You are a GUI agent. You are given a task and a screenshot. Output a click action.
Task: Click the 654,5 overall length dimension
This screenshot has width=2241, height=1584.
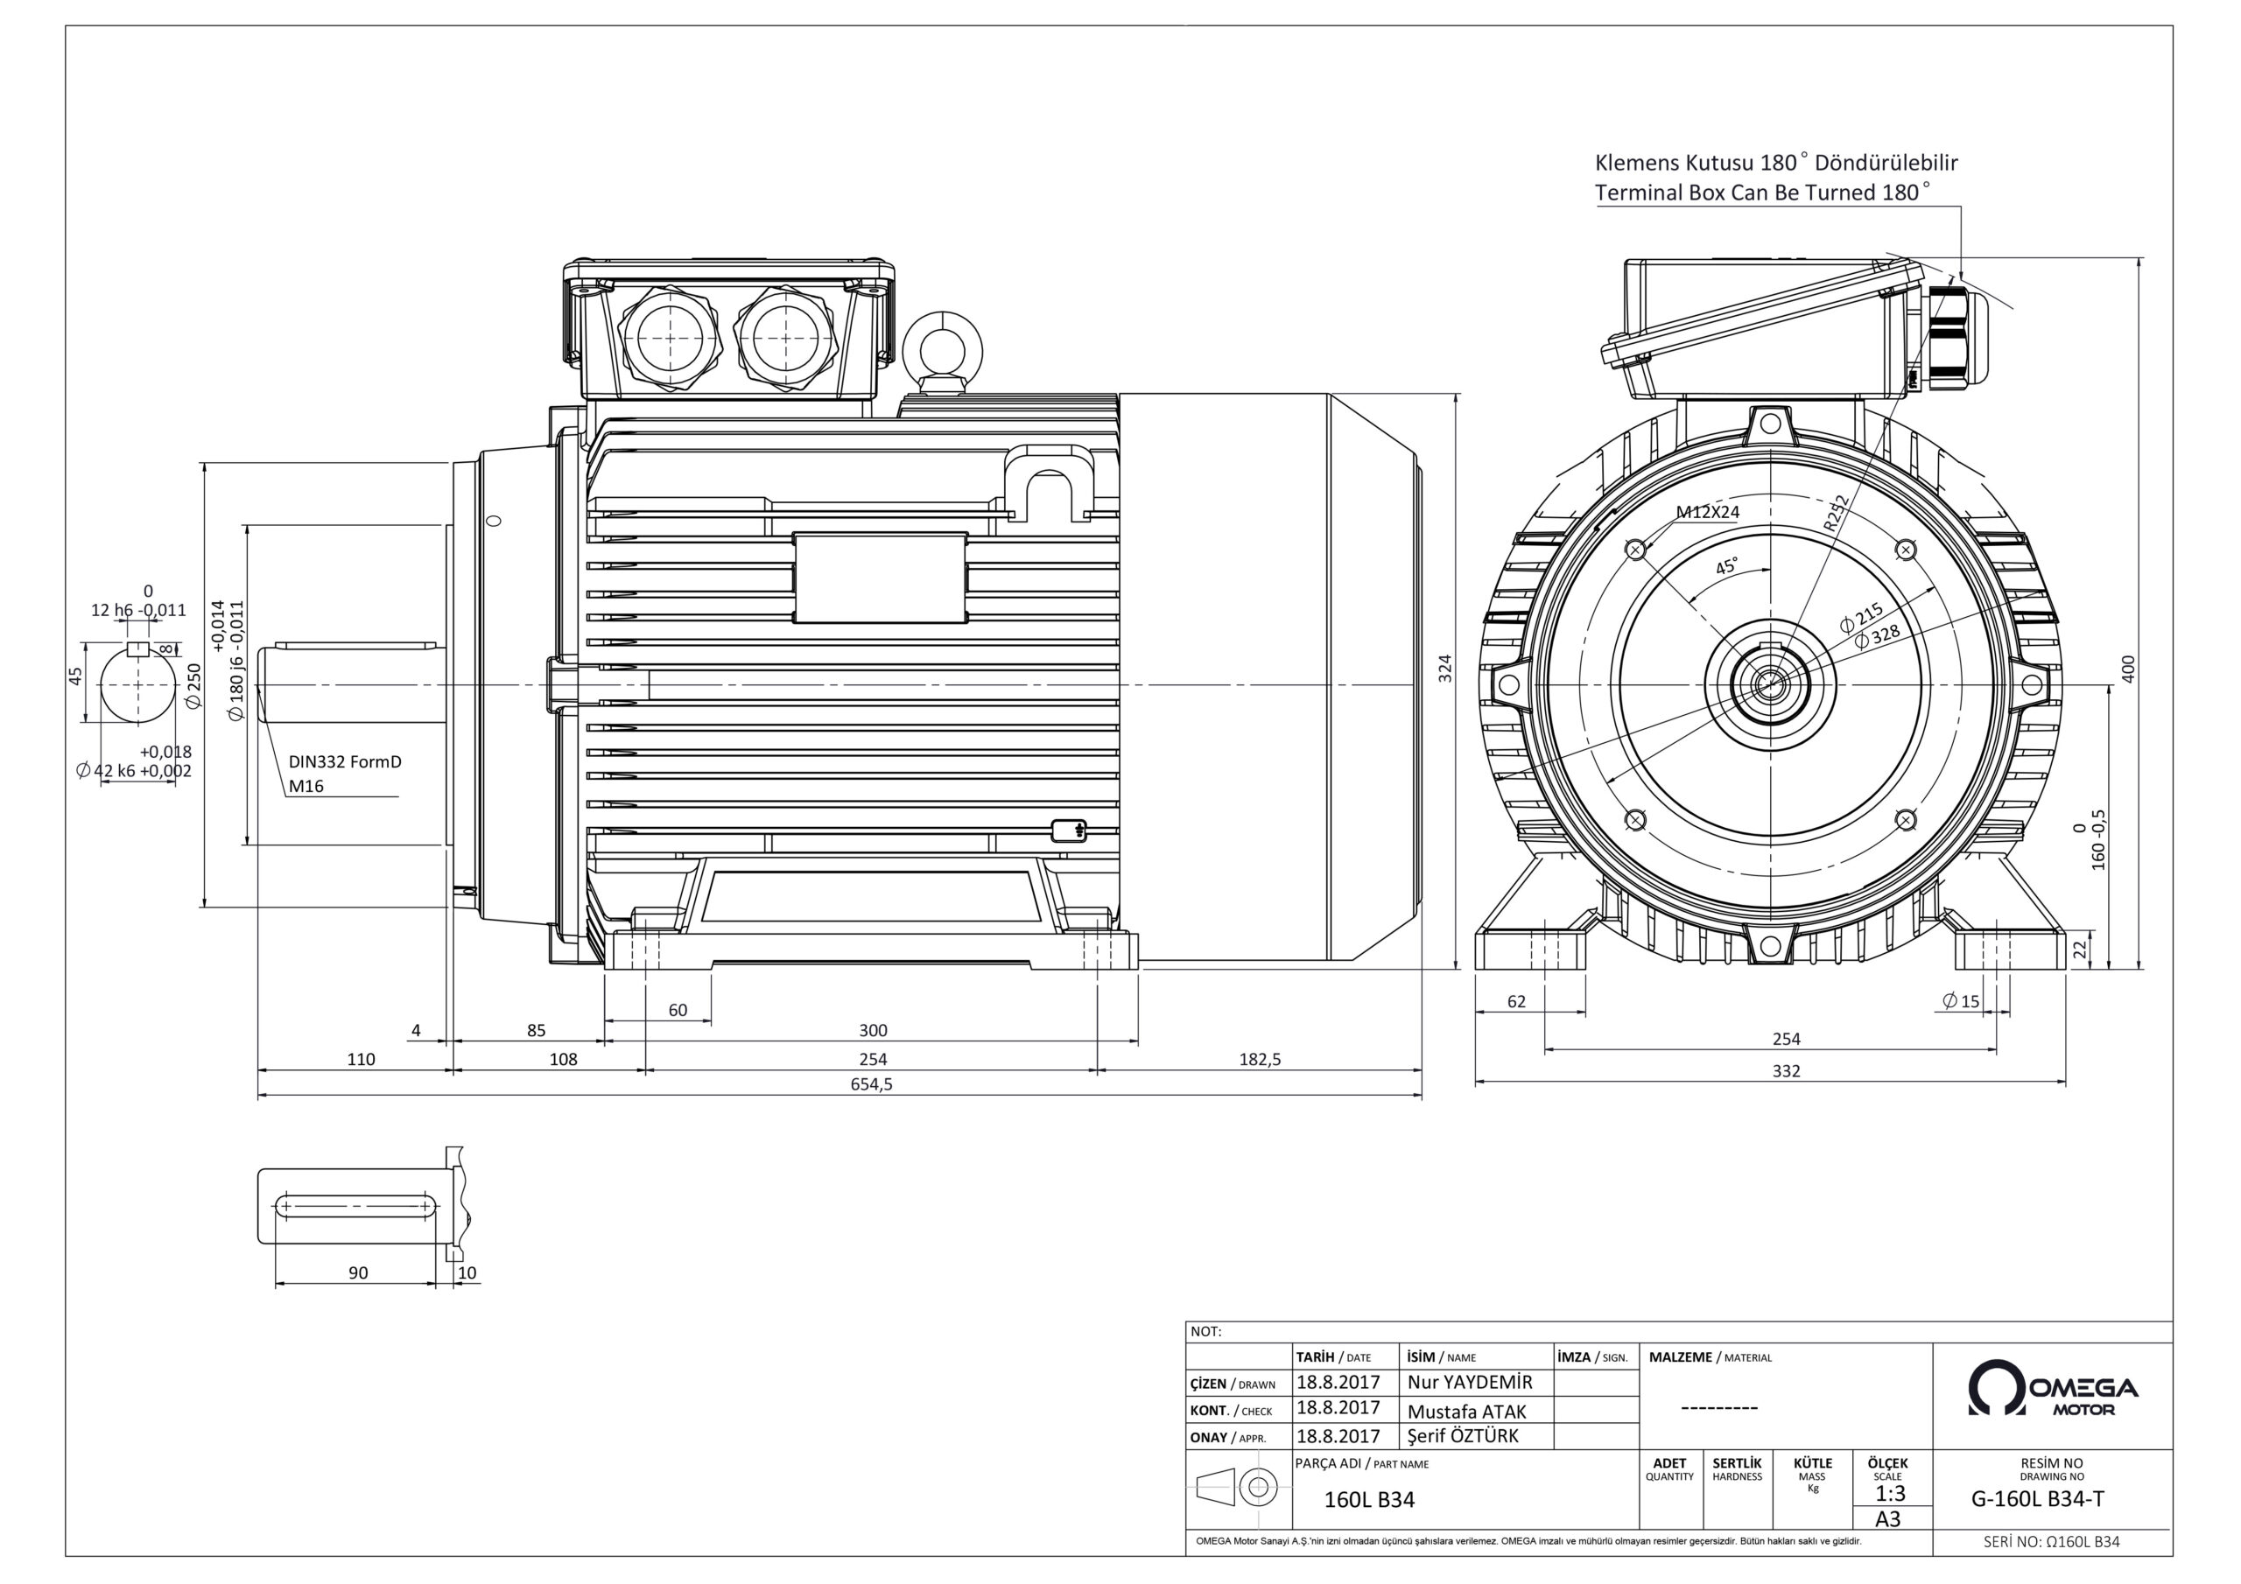tap(871, 1084)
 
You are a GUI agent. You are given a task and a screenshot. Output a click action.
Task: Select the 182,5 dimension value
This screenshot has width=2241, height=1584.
tap(1260, 1059)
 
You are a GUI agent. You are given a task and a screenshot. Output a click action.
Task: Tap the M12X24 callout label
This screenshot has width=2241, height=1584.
tap(1707, 511)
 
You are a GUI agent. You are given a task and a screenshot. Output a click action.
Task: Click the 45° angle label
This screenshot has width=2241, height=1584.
tap(1726, 566)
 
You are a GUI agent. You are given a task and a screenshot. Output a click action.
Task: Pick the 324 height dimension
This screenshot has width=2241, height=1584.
tap(1446, 668)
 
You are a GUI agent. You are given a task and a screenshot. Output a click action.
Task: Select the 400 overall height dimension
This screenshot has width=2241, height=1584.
tap(2129, 668)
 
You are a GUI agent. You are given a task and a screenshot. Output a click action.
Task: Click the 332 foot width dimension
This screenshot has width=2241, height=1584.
tap(1785, 1070)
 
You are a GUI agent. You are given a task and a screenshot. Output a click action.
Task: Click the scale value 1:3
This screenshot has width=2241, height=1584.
tap(1890, 1493)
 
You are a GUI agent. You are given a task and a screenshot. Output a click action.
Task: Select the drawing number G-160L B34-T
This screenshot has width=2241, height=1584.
tap(2052, 1499)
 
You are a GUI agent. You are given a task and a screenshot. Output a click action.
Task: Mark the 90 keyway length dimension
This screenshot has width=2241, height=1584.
tap(358, 1272)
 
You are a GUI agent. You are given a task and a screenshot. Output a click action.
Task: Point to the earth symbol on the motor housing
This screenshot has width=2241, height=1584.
tap(1069, 831)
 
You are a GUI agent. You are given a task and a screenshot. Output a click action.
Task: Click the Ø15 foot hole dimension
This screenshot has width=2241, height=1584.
tap(1961, 1000)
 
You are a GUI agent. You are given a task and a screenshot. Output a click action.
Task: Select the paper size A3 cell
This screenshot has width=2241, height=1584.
tap(1887, 1519)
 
